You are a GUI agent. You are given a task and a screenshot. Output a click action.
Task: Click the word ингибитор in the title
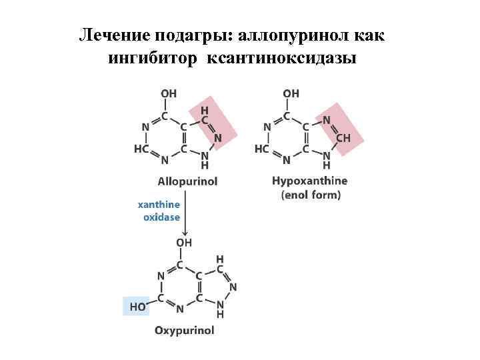click(153, 59)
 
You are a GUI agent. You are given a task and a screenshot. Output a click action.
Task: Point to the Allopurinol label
click(187, 181)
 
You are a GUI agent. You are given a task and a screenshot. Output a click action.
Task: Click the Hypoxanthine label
click(310, 181)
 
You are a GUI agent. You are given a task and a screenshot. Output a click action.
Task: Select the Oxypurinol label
click(185, 330)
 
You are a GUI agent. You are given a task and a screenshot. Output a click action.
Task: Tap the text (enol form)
click(311, 195)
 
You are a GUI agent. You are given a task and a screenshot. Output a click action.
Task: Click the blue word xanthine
click(159, 205)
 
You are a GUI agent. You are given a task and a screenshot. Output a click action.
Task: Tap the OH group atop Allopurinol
click(169, 94)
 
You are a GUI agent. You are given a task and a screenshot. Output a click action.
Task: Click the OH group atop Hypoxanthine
click(291, 94)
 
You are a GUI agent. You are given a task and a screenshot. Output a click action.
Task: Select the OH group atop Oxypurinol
click(185, 243)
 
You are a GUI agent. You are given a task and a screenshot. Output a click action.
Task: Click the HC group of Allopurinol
click(141, 149)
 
